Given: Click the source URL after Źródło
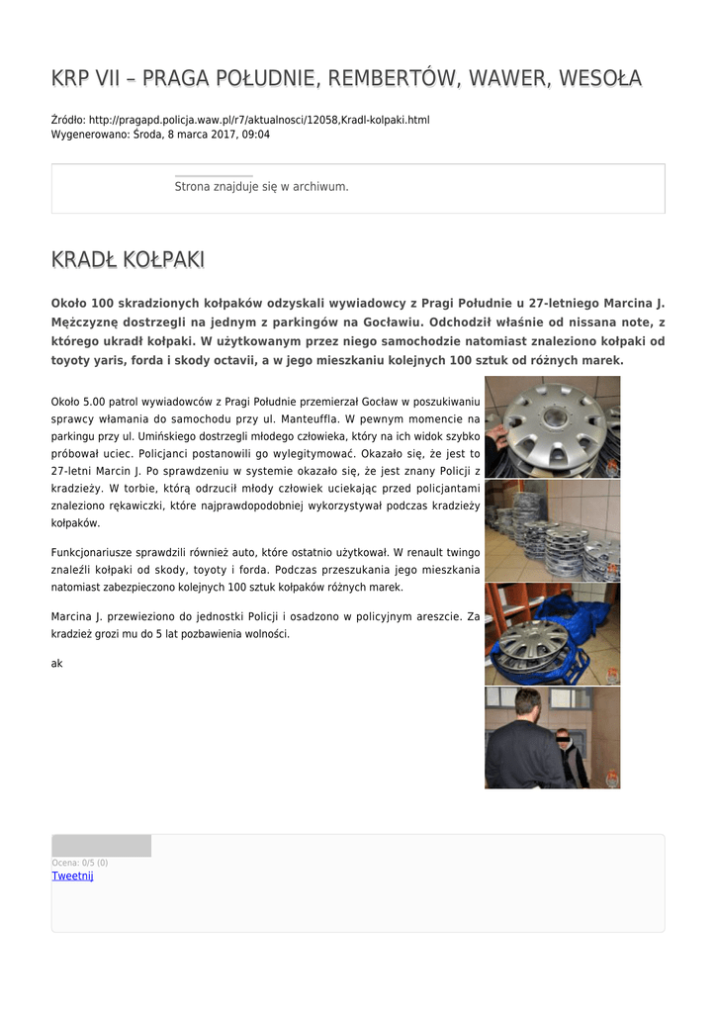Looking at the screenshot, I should tap(259, 120).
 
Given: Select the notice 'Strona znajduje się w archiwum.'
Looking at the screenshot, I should tap(261, 186).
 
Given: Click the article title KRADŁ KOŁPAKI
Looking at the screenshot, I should tap(128, 260).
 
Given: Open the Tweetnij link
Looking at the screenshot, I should tap(72, 876).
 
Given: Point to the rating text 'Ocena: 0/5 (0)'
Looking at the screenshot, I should tap(80, 863).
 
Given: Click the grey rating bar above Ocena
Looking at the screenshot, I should tap(101, 846).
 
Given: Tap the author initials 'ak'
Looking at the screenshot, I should tap(56, 664).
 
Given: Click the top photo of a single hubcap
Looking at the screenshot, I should tap(552, 427).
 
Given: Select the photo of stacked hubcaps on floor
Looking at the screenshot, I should tap(552, 531).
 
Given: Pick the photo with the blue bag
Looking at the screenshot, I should tap(552, 634).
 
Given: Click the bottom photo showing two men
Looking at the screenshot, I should tap(552, 738).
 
